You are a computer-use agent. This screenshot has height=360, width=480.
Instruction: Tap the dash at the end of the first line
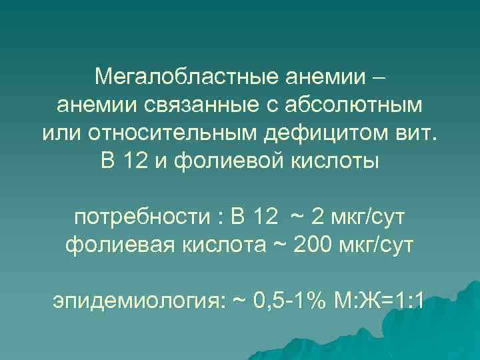coord(377,77)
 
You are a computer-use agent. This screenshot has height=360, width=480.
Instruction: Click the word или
coord(58,133)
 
